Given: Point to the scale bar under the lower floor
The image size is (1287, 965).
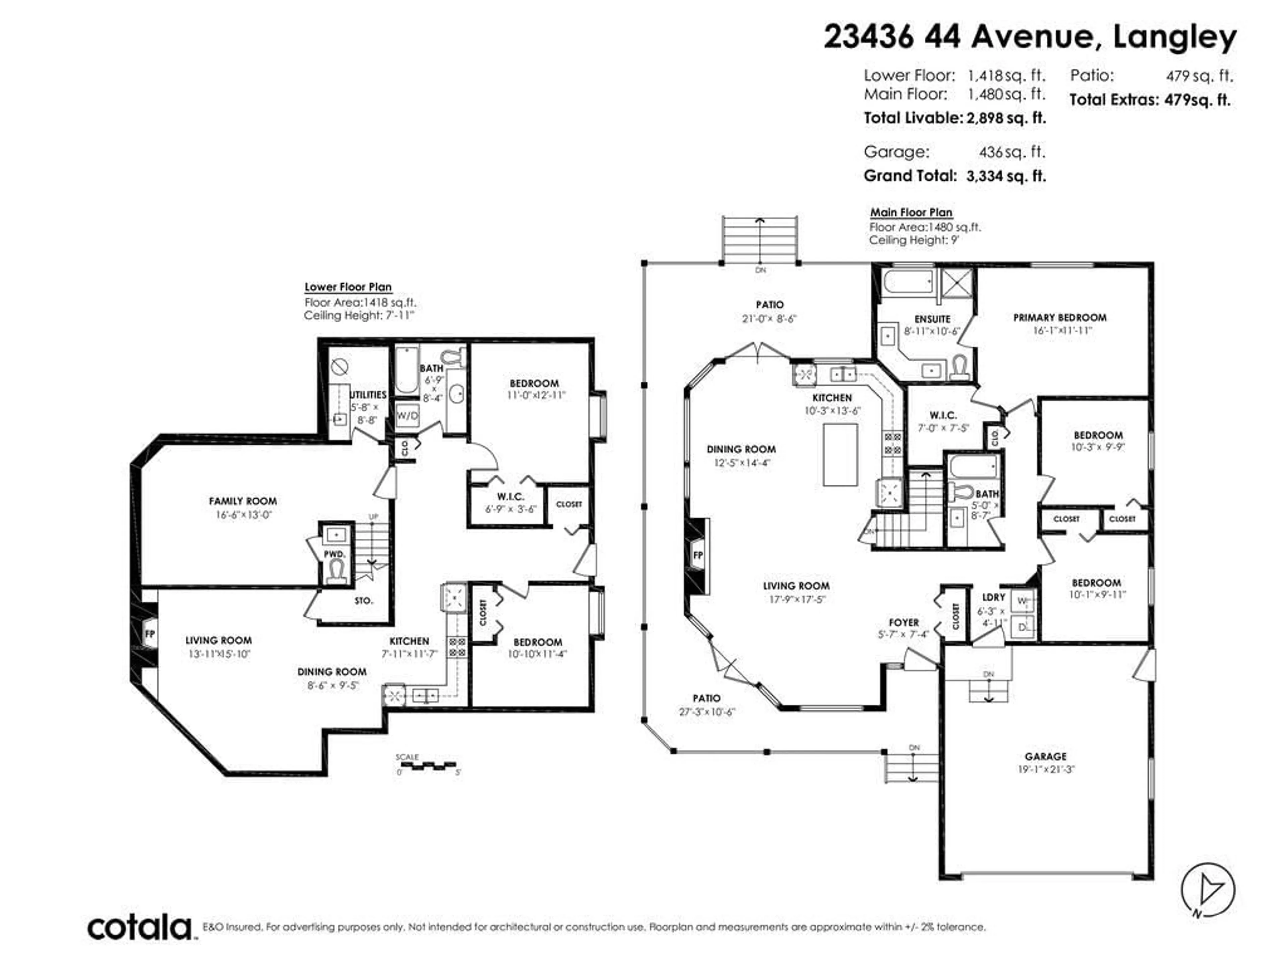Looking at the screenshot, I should (428, 766).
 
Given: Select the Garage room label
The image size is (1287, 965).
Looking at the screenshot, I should (1046, 756).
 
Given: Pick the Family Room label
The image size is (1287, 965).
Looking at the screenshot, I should (243, 501).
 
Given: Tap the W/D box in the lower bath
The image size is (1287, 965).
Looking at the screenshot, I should (407, 415).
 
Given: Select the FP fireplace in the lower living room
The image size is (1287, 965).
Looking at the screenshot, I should (149, 634).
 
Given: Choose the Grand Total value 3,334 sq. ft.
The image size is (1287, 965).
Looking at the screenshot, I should (1006, 176).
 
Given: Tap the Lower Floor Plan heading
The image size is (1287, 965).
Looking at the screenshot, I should (348, 287).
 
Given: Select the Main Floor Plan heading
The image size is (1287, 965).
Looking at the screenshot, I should (911, 212).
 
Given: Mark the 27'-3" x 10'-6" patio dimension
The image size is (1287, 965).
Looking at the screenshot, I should (707, 711).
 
